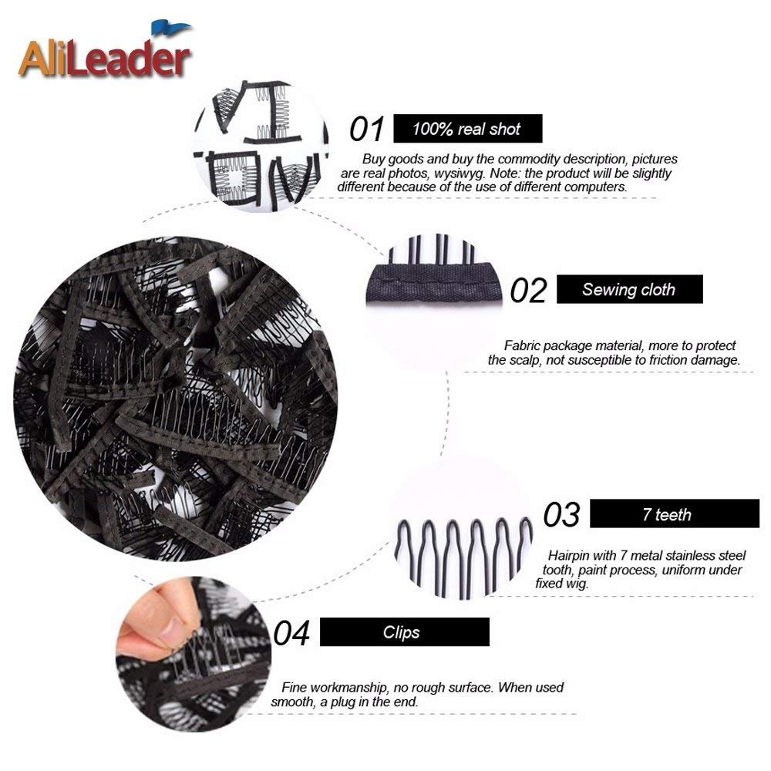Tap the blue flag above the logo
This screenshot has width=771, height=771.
(170, 28)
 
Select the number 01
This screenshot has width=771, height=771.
(366, 130)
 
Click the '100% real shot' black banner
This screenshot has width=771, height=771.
(468, 129)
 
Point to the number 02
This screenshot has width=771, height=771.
(529, 290)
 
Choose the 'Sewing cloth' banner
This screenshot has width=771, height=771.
(629, 289)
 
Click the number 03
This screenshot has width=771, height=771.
(562, 515)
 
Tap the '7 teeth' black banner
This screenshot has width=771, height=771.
(675, 513)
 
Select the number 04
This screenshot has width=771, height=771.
(291, 633)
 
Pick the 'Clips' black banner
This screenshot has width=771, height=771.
(405, 632)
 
